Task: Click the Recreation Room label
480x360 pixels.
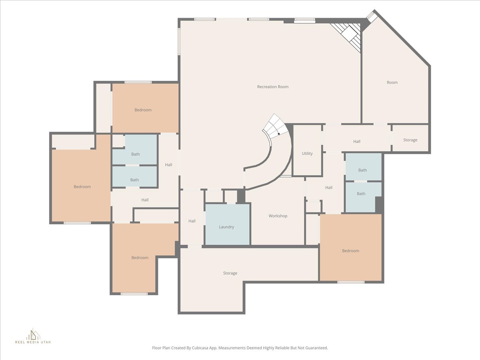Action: (273, 87)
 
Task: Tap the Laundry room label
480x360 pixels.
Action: (226, 227)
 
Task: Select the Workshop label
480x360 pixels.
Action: (278, 216)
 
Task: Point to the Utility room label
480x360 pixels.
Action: (307, 154)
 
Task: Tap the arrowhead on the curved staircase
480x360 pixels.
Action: (278, 134)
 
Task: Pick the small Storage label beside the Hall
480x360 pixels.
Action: (410, 140)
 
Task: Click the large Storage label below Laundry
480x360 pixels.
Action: (230, 273)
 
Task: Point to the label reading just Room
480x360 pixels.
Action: (392, 82)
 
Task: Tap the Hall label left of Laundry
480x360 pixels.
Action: (192, 221)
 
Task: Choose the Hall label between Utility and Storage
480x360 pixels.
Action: (357, 142)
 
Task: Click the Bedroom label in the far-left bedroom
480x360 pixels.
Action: (82, 187)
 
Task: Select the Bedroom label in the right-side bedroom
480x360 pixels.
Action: (350, 251)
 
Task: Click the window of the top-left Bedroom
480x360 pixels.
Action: (138, 82)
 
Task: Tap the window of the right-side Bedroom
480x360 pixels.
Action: (351, 282)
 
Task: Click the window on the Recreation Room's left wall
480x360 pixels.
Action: (179, 42)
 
